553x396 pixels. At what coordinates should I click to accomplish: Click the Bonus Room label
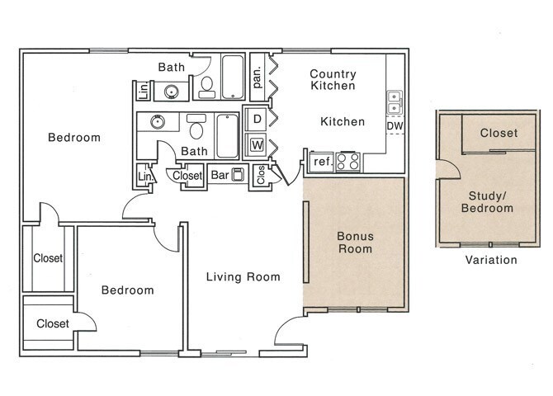click(355, 243)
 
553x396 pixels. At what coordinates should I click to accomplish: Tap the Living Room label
click(243, 277)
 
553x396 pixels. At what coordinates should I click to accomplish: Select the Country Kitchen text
click(333, 80)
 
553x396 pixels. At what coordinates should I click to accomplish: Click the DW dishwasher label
click(395, 126)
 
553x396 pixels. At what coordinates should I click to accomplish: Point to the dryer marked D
click(258, 119)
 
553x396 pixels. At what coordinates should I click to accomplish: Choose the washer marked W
click(257, 144)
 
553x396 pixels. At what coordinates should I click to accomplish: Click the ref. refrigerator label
click(323, 162)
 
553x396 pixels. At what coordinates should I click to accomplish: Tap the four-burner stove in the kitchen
click(348, 162)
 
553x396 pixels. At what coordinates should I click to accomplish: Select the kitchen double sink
click(395, 102)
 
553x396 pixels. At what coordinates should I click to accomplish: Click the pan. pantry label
click(257, 78)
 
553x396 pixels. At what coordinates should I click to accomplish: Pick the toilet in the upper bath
click(206, 87)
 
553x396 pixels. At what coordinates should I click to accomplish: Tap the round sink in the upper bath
click(172, 92)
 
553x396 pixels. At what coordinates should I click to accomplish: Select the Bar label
click(220, 175)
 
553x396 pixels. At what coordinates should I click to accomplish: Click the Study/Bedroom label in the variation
click(487, 201)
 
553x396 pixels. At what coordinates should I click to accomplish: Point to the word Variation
click(491, 260)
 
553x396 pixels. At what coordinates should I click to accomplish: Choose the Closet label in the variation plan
click(499, 133)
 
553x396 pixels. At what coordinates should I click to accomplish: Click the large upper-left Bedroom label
click(74, 137)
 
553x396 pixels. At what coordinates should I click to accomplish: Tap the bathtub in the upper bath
click(233, 77)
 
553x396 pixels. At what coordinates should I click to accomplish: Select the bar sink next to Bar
click(238, 174)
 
